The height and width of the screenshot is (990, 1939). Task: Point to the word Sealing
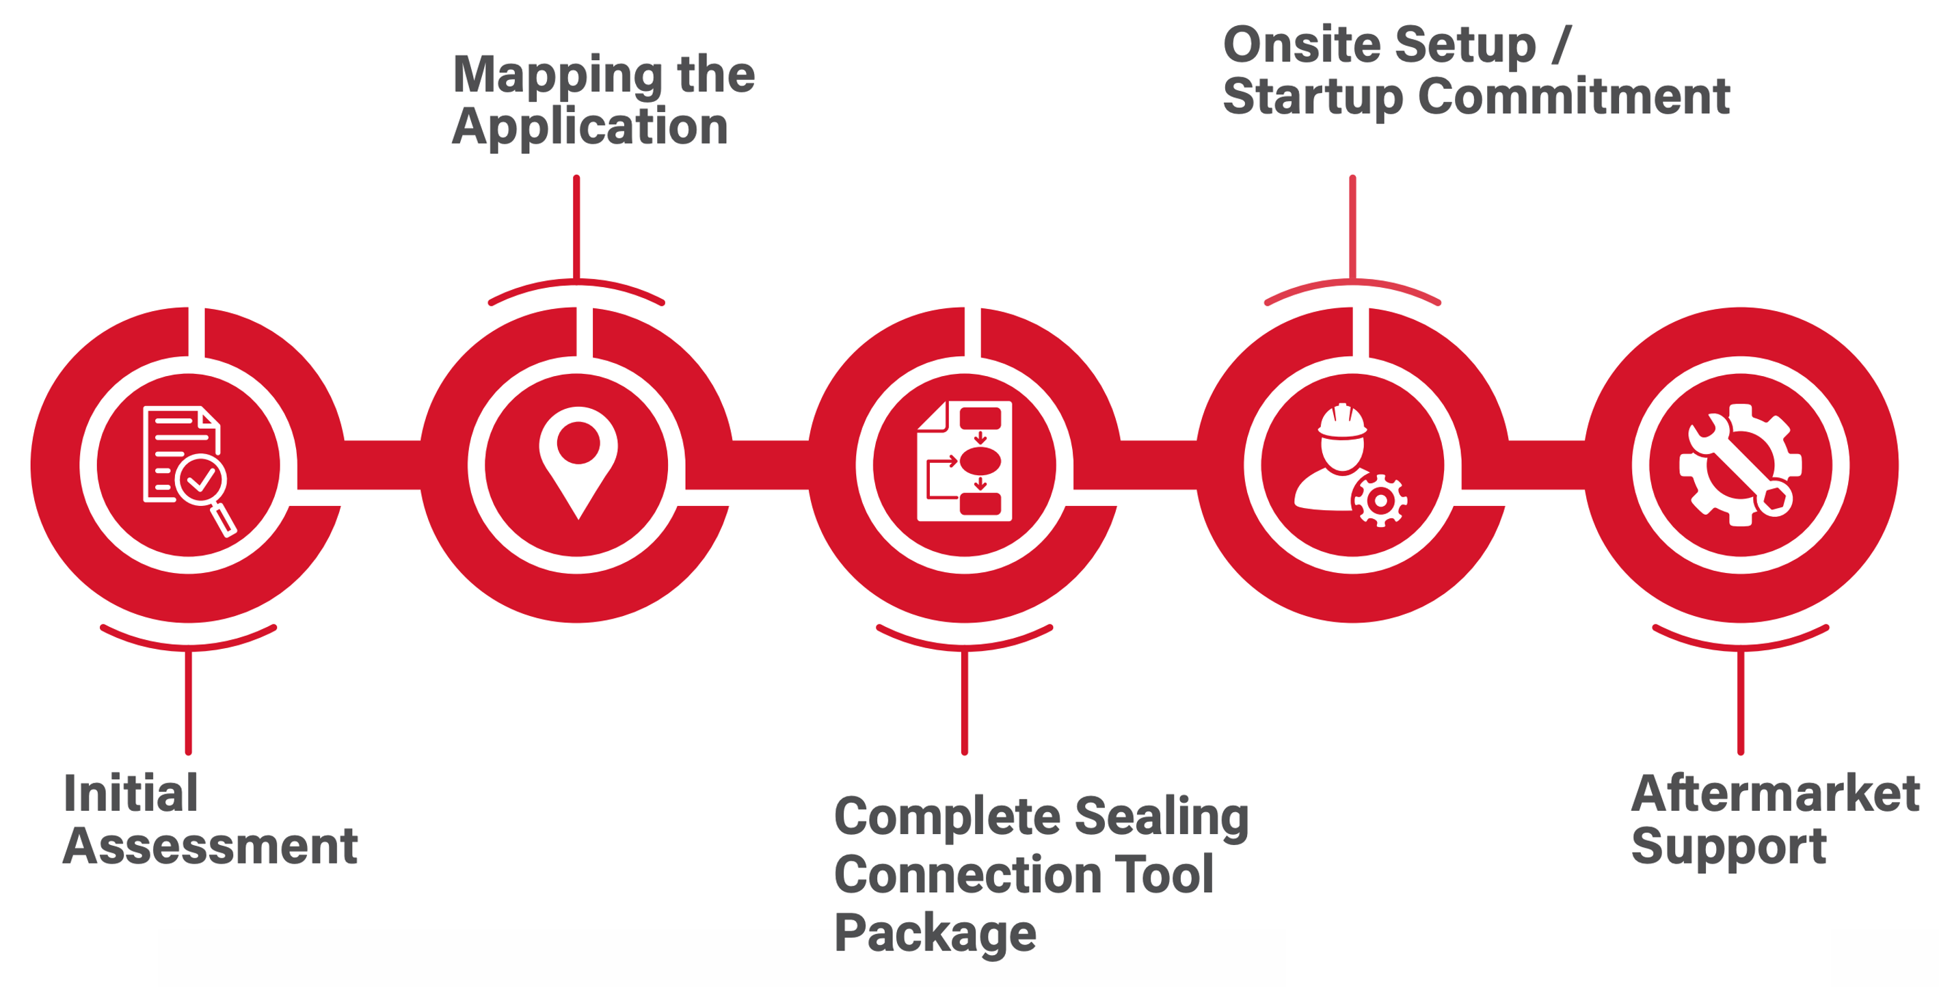(x=1162, y=818)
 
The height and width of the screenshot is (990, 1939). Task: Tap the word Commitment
(x=1574, y=96)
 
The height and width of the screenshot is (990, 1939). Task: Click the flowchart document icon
(x=964, y=461)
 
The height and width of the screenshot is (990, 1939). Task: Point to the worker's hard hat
(x=1341, y=422)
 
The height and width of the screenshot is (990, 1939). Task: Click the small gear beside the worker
(x=1380, y=500)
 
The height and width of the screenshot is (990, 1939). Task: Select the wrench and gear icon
(x=1741, y=464)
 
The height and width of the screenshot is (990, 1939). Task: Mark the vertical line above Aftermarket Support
(x=1740, y=701)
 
